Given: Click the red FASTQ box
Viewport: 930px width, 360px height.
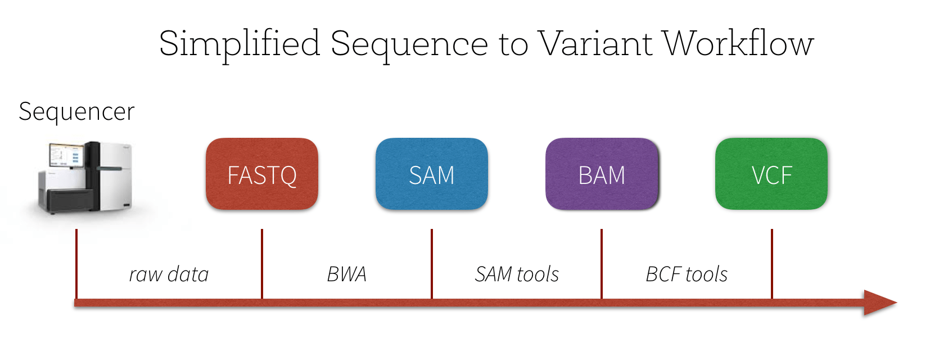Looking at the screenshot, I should (262, 174).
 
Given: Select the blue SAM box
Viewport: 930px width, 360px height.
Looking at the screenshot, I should (432, 174).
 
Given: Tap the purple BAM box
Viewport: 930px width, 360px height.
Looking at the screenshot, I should (602, 174).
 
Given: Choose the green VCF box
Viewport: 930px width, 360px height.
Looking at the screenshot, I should (771, 174).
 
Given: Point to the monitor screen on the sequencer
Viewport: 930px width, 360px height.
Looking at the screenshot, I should (65, 155).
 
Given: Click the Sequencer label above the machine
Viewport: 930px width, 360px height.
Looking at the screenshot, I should (76, 111).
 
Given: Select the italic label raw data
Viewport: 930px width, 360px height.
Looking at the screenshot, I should (169, 274).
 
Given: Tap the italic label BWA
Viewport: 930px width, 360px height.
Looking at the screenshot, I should (347, 274).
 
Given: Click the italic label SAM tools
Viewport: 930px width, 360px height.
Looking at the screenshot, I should (517, 274).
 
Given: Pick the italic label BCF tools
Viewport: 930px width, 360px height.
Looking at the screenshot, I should (687, 274).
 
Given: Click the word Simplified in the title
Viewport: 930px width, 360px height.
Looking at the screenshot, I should (240, 44).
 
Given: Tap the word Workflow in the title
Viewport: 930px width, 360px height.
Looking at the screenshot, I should (738, 44).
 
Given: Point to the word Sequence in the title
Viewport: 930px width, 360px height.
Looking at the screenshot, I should (409, 44).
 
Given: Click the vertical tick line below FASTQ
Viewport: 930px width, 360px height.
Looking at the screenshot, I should (262, 263).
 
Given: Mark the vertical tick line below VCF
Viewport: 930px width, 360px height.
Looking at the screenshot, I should (771, 263).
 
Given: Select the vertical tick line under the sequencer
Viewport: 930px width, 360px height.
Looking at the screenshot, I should (76, 263).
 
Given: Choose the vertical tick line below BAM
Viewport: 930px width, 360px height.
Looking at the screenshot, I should (602, 263).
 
